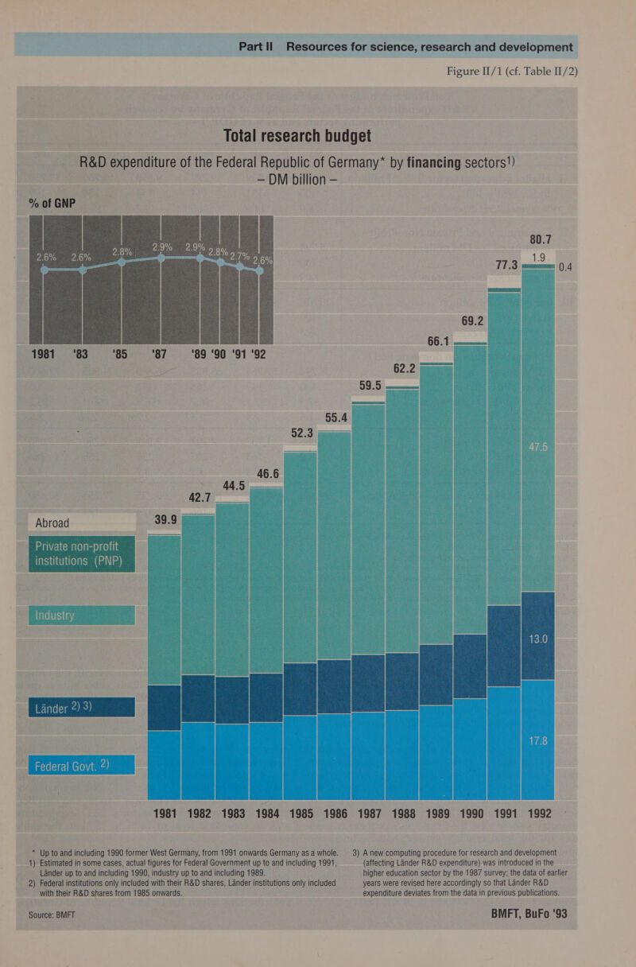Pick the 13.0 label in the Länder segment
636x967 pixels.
pyautogui.click(x=537, y=640)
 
